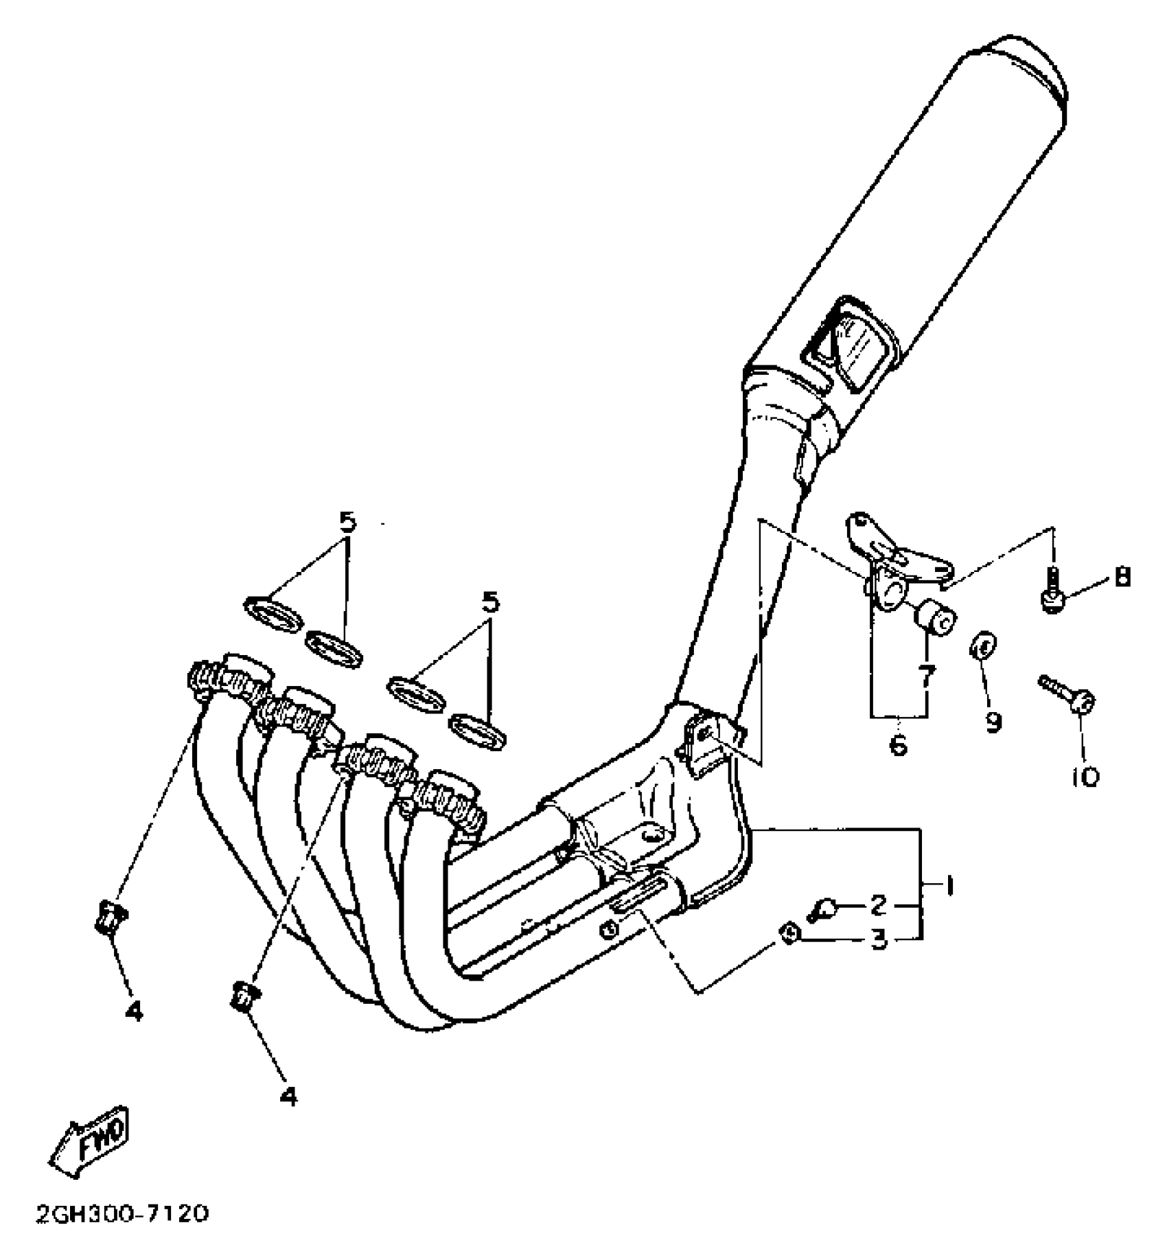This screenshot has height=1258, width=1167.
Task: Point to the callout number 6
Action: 898,744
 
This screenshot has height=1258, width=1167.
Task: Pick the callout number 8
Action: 1122,577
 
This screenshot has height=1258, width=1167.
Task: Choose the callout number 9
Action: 993,720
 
